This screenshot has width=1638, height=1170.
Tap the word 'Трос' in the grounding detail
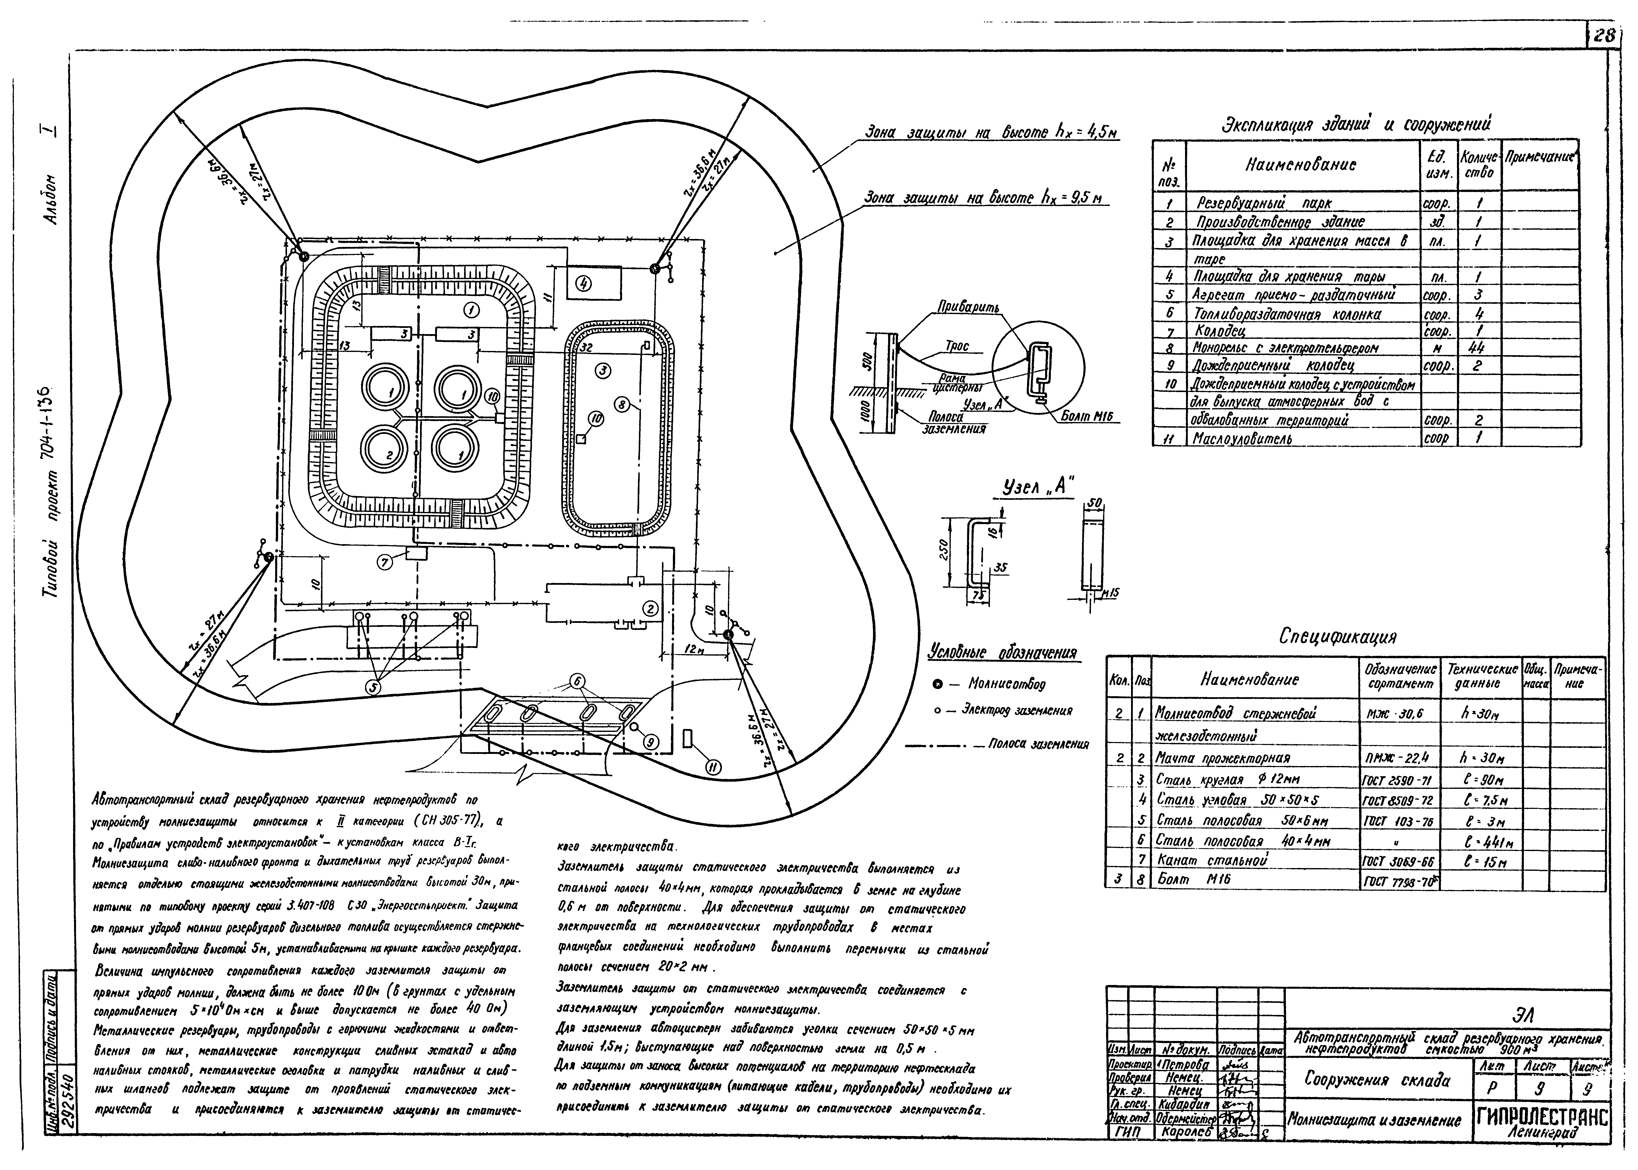[x=957, y=346]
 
